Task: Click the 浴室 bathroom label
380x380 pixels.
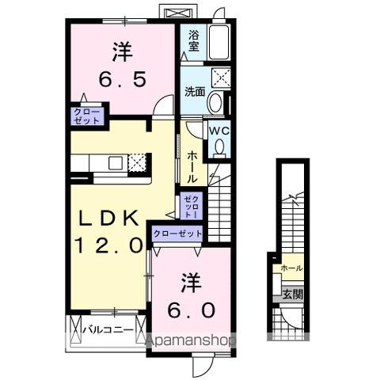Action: coord(193,40)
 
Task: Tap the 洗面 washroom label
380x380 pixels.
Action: coord(195,91)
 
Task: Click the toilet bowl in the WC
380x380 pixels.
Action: coord(218,147)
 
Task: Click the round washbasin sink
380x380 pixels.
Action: coord(216,102)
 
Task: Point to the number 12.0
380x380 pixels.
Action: coord(109,246)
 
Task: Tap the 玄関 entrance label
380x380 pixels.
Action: coord(291,294)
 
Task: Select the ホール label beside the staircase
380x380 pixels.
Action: coord(193,165)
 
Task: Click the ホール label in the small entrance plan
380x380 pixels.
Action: coord(291,268)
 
